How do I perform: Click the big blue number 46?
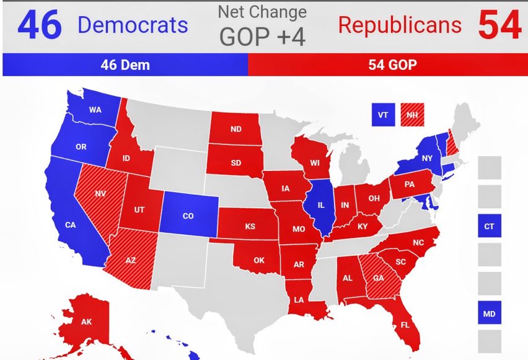click(x=40, y=25)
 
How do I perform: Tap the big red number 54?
click(x=499, y=25)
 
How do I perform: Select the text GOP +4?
click(x=263, y=37)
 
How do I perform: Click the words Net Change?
click(x=262, y=12)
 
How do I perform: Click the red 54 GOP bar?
click(x=388, y=65)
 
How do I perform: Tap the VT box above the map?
click(x=383, y=115)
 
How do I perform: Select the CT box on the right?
click(x=489, y=226)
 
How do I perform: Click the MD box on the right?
click(x=489, y=314)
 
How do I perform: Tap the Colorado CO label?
click(x=188, y=217)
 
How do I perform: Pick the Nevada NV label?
click(x=100, y=193)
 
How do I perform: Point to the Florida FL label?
click(x=404, y=324)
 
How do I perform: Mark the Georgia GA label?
click(x=379, y=278)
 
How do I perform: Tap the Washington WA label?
click(x=95, y=110)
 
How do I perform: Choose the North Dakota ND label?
click(x=235, y=130)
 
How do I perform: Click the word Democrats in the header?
click(x=132, y=25)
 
